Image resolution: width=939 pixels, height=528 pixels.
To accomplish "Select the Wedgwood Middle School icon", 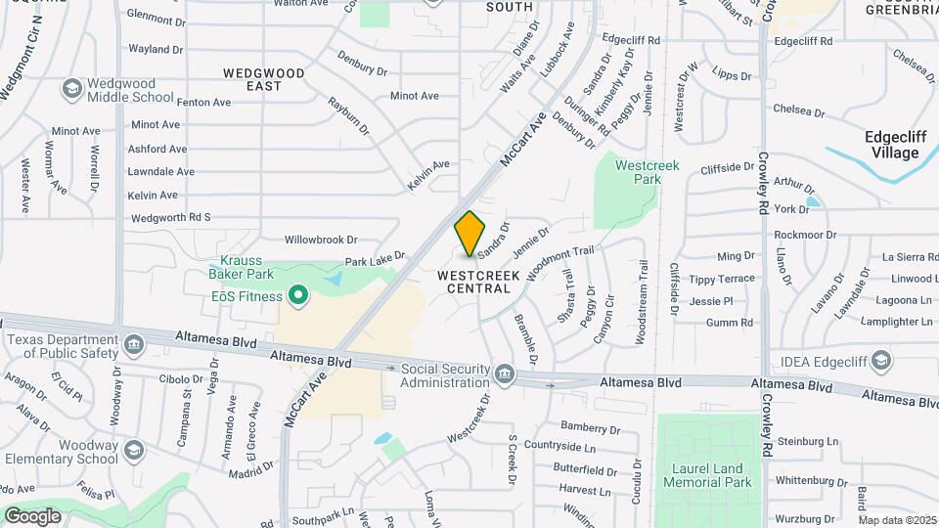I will pos(71,90).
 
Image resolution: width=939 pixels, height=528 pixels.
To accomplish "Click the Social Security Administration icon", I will pos(505,374).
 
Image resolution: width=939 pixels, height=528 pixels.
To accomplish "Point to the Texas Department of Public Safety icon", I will pos(133,344).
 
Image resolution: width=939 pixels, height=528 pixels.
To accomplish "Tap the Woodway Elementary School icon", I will pos(133,451).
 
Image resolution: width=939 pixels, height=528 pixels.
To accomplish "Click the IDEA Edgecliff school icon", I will pos(882,362).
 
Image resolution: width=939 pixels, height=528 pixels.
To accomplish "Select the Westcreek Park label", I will pos(647,172).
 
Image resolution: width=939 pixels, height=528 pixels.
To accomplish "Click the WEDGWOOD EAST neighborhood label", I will pos(264,79).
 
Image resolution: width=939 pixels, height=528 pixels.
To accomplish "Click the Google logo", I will pos(32,515).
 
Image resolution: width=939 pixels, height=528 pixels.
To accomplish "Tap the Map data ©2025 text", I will pos(897,520).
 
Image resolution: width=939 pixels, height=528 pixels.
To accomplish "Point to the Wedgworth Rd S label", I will pos(170,218).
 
